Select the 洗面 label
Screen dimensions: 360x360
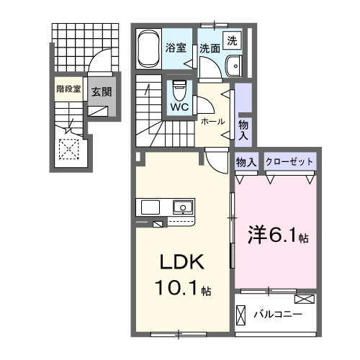(210, 49)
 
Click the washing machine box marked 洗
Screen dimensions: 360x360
(233, 41)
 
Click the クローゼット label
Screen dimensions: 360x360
(289, 162)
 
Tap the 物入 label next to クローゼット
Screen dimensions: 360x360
(246, 162)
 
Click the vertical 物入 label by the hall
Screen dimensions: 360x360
(243, 130)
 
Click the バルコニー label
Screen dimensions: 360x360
(277, 315)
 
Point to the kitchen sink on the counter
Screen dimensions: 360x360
(184, 207)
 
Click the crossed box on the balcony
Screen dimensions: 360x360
(305, 298)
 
